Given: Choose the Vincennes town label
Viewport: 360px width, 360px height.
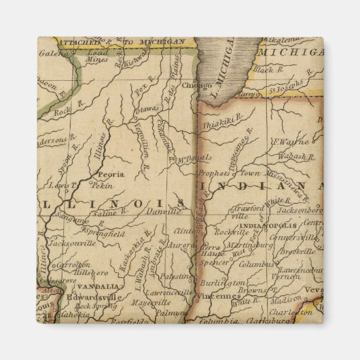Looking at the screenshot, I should click(219, 296).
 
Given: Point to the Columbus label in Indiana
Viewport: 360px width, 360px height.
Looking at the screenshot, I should click(257, 264).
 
